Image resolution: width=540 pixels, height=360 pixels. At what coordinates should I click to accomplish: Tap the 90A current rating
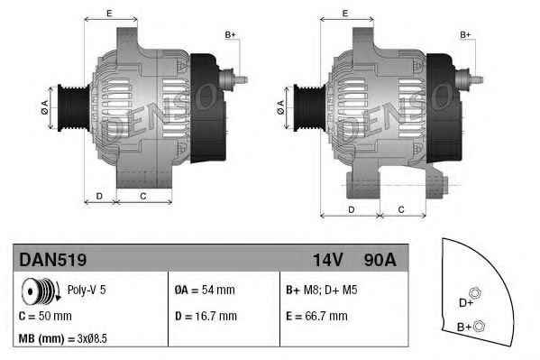[x=379, y=260]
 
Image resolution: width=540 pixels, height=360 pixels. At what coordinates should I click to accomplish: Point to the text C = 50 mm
[x=45, y=316]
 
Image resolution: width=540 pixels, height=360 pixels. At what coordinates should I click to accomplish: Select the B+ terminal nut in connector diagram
[x=480, y=325]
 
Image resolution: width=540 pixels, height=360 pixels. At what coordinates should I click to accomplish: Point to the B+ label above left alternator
[x=230, y=34]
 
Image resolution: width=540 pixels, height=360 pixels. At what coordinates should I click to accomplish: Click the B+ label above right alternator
[x=466, y=34]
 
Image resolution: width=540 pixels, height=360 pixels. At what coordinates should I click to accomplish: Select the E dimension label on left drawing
[x=109, y=13]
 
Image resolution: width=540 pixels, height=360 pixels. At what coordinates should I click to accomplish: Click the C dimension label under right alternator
[x=400, y=209]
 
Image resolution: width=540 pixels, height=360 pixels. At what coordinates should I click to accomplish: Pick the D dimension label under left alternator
[x=99, y=195]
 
